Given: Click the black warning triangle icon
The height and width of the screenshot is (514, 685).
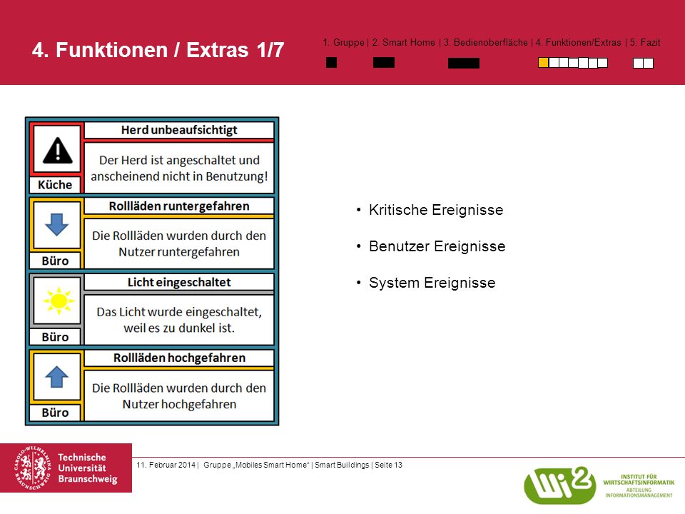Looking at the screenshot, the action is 58,151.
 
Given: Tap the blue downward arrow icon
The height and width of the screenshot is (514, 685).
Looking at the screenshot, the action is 57,225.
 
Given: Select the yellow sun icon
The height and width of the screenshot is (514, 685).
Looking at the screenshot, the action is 59,301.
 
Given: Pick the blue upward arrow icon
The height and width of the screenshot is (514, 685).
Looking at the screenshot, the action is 57,377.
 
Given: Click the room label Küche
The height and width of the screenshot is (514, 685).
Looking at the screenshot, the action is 55,185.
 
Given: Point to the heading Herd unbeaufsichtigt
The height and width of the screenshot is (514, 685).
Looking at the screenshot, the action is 179,130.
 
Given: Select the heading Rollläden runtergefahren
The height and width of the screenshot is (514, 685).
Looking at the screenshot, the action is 179,206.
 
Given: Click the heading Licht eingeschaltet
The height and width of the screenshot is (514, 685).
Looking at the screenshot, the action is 179,282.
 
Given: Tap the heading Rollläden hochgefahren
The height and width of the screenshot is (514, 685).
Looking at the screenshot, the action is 179,358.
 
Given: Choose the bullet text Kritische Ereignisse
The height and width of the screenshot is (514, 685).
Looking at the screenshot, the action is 436,210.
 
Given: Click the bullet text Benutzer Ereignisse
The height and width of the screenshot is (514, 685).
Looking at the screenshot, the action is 437,246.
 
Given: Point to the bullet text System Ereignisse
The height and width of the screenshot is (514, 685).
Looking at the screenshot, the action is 432,283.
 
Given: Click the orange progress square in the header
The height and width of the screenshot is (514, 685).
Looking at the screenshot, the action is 543,63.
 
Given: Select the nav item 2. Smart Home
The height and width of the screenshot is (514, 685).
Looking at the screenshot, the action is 404,42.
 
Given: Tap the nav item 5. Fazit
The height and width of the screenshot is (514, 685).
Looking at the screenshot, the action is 645,42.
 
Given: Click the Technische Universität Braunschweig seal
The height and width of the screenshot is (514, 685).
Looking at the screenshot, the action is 32,468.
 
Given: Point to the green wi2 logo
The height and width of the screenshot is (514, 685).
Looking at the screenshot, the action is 559,485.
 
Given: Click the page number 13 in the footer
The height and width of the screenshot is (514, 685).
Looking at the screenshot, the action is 397,465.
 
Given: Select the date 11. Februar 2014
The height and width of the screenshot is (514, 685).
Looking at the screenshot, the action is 166,465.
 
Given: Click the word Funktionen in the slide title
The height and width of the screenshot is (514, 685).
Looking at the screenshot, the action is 112,50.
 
